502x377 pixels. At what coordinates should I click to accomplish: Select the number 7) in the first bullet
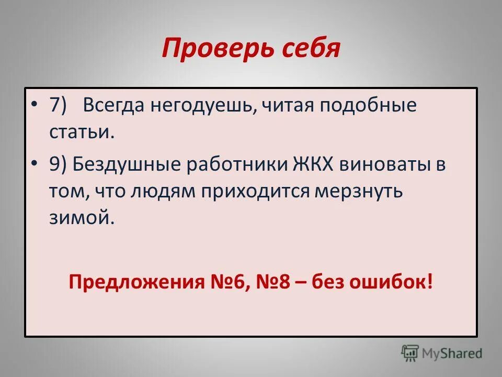click(x=58, y=106)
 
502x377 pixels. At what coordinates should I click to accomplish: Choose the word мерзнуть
click(x=358, y=191)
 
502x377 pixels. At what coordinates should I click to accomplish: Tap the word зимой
click(x=81, y=217)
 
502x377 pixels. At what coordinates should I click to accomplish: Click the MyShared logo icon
click(x=410, y=353)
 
